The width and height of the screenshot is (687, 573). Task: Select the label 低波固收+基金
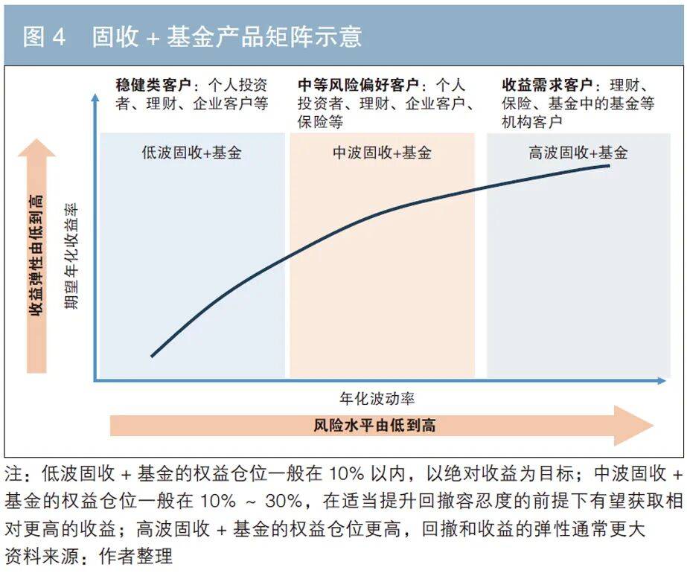point(191,153)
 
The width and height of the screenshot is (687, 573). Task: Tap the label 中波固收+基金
point(382,153)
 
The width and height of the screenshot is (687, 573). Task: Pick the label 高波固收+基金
point(578,153)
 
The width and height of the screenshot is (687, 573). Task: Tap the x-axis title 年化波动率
point(382,399)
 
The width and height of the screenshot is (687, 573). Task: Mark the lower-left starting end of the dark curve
point(152,356)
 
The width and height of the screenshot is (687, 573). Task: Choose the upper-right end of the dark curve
point(610,164)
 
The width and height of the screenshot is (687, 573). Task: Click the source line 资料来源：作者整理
point(89,556)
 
